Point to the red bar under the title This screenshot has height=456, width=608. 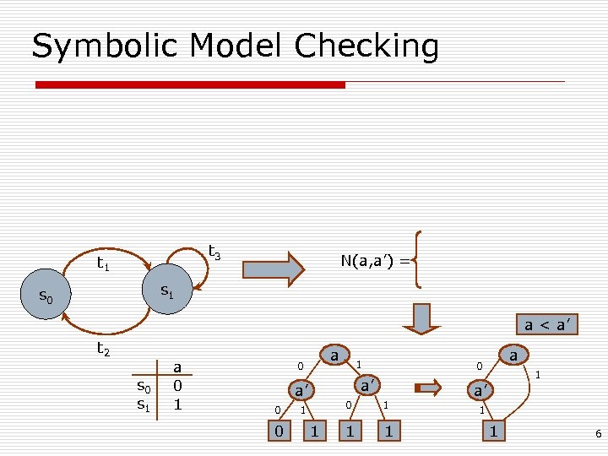click(190, 84)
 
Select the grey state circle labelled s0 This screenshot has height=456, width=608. click(47, 296)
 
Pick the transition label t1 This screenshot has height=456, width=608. click(103, 264)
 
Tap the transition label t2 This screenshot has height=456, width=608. click(103, 348)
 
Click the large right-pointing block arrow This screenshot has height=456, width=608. click(272, 269)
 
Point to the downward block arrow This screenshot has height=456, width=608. click(421, 318)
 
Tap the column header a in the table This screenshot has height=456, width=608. click(177, 366)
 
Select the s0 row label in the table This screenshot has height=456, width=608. click(144, 387)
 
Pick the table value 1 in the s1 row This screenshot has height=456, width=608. click(177, 404)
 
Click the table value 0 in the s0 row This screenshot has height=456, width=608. click(177, 386)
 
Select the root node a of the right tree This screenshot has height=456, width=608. click(513, 356)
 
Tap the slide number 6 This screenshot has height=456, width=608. click(598, 433)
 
